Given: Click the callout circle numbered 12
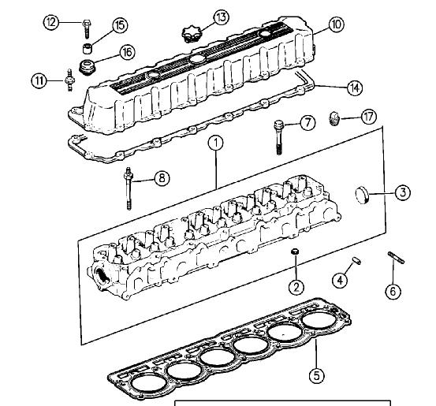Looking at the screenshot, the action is click(x=51, y=22).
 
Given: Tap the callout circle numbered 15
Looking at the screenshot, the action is click(x=120, y=25).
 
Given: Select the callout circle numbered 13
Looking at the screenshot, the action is click(x=222, y=17).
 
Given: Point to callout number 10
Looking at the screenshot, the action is click(x=337, y=24).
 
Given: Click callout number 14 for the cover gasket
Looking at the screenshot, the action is click(x=355, y=88).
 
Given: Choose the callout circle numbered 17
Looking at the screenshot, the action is click(x=369, y=117).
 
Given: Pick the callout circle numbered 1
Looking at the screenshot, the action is click(x=216, y=143).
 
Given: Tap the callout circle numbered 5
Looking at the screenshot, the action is click(x=317, y=376).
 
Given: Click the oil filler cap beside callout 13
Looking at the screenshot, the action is click(x=192, y=35).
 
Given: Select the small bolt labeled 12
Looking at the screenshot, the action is click(x=86, y=28).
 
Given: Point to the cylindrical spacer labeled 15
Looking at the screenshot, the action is click(x=88, y=48).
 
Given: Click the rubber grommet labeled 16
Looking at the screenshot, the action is click(x=88, y=67).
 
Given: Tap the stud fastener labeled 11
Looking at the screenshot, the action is click(x=70, y=80).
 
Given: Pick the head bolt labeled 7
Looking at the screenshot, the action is click(x=279, y=137).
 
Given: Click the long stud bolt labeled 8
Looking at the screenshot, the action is click(x=129, y=188).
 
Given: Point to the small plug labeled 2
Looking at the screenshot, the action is click(x=295, y=251).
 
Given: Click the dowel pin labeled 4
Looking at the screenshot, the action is click(x=356, y=260).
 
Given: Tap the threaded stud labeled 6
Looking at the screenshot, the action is click(x=397, y=258).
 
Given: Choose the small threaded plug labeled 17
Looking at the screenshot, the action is click(x=334, y=118).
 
